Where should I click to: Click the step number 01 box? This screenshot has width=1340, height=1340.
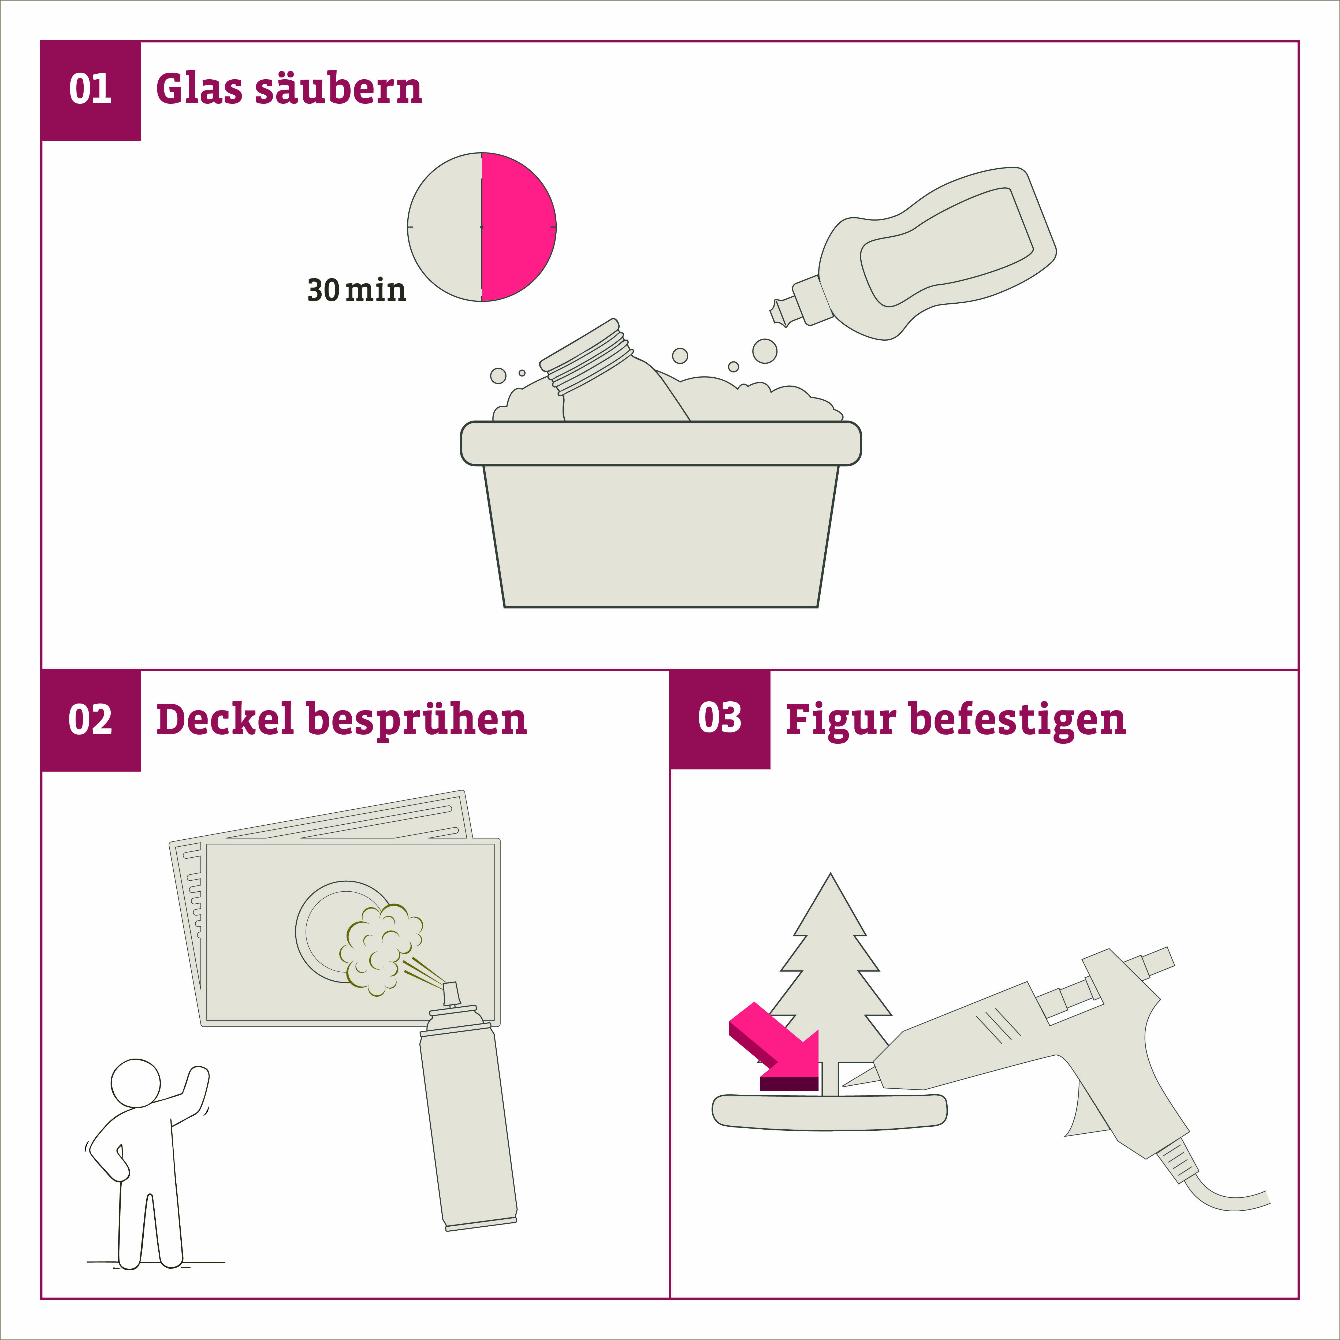click(x=91, y=91)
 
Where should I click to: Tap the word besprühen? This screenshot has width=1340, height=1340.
click(x=416, y=721)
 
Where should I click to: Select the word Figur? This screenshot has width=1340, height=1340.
click(x=841, y=721)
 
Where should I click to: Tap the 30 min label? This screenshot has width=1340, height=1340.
click(x=356, y=290)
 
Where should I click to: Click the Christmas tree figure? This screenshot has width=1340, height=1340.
click(x=830, y=985)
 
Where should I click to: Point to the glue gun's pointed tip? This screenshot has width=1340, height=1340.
click(x=843, y=1085)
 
